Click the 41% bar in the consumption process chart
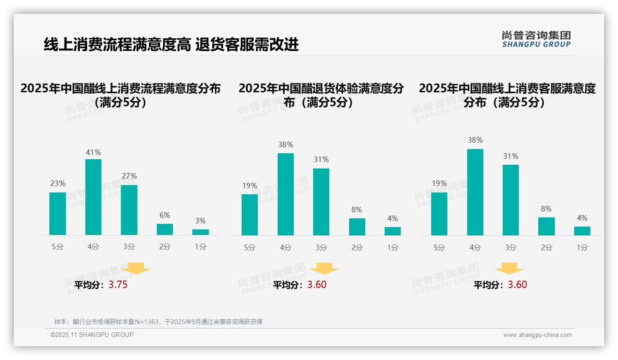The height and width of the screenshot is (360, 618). (x=94, y=197)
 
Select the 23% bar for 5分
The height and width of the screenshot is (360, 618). (x=58, y=214)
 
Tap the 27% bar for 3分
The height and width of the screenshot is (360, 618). (x=129, y=210)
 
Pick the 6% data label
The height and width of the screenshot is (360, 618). (x=165, y=215)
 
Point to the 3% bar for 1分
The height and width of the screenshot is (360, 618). (x=201, y=232)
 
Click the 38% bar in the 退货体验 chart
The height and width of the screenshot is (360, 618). (x=285, y=194)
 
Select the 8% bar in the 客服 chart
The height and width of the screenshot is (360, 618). (x=547, y=227)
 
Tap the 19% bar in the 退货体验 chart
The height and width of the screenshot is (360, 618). (x=250, y=215)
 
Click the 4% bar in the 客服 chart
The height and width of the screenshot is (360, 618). (x=582, y=231)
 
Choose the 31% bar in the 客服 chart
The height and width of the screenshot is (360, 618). (x=511, y=200)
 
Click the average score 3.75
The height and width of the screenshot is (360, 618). (x=118, y=285)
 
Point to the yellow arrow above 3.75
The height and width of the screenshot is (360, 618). (x=137, y=268)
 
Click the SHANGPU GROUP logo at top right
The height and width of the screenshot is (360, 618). (x=536, y=39)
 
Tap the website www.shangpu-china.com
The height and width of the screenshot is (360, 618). (x=537, y=335)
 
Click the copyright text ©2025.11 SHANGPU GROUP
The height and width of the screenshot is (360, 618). (x=92, y=335)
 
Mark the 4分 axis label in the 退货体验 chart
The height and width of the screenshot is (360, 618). (x=285, y=247)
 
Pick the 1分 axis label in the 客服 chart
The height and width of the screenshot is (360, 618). (x=582, y=247)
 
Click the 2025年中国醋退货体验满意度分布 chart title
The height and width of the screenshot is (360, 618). (x=321, y=95)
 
